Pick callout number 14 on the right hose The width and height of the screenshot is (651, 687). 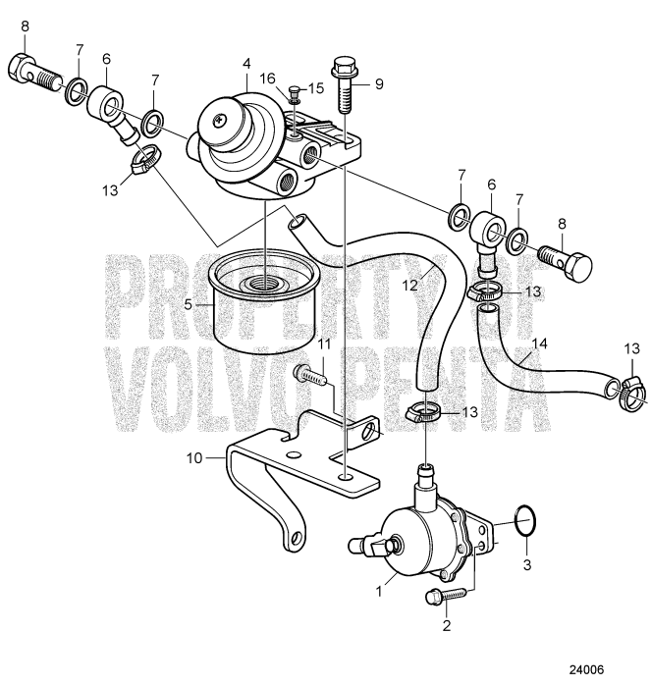coord(536,343)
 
